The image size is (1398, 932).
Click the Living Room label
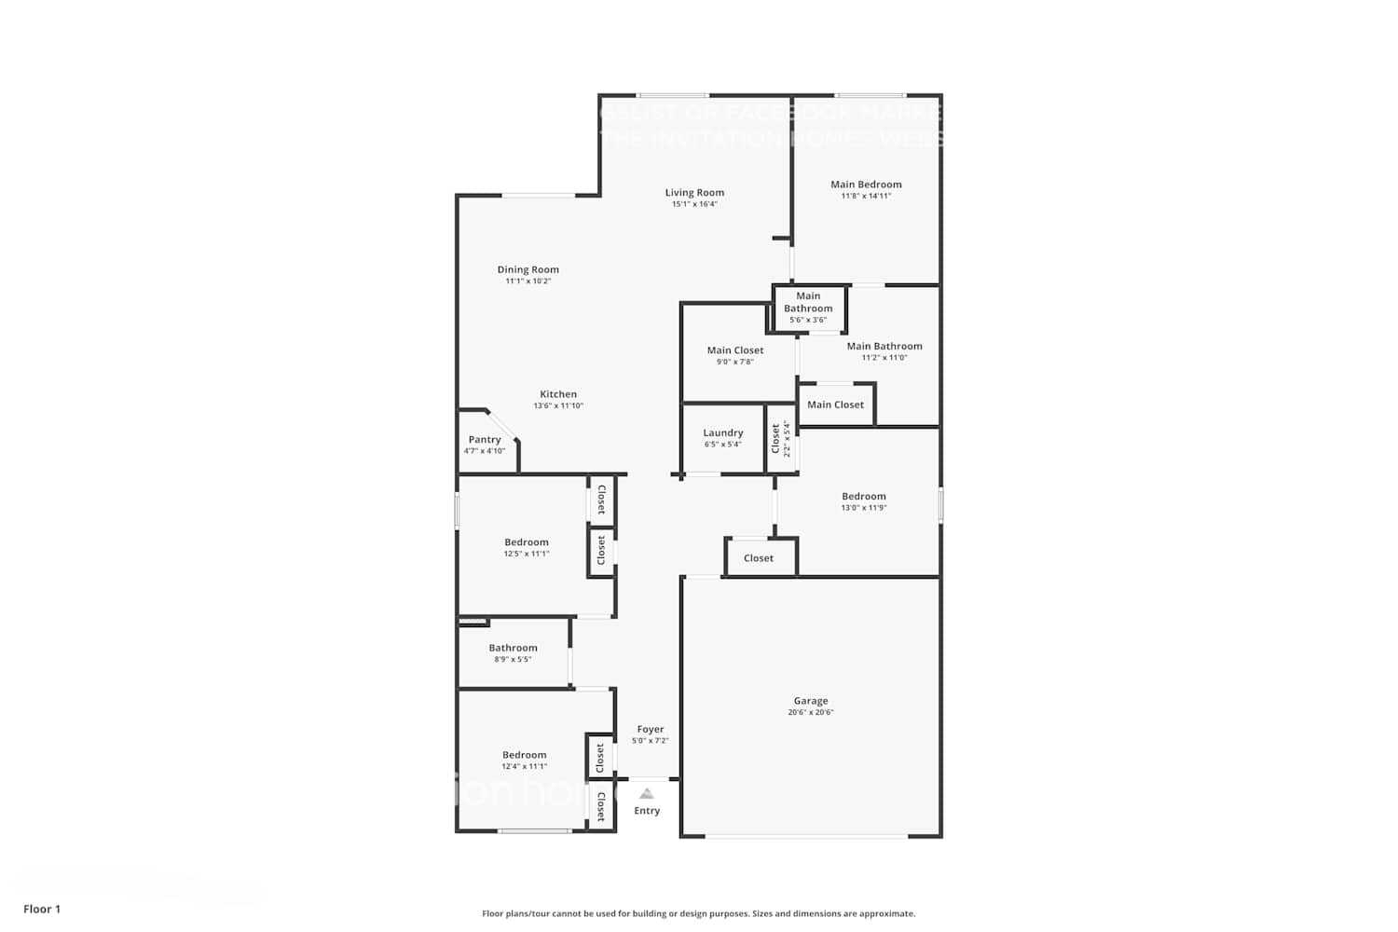(x=694, y=193)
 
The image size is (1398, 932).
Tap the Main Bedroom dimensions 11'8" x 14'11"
(x=866, y=197)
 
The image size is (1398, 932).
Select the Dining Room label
(x=528, y=269)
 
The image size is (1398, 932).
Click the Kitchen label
(x=558, y=394)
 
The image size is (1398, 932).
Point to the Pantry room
(x=485, y=444)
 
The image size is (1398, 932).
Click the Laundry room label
(x=723, y=432)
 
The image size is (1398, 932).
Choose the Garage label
(x=811, y=701)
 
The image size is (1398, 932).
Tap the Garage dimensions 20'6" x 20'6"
(x=811, y=713)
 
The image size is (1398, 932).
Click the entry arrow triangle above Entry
(x=647, y=794)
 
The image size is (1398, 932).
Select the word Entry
(x=647, y=811)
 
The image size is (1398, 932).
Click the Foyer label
(x=651, y=730)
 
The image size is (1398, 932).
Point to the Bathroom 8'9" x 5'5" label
(x=513, y=648)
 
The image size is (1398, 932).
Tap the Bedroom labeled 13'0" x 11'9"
(x=864, y=497)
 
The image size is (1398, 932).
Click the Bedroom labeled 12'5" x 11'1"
(x=527, y=542)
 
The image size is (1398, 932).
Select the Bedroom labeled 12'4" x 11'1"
(x=525, y=755)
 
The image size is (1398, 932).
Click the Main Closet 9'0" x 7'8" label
(x=735, y=350)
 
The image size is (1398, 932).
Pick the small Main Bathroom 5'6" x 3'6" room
(x=808, y=308)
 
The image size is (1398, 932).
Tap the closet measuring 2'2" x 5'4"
(x=781, y=438)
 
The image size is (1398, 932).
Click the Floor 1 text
(x=42, y=909)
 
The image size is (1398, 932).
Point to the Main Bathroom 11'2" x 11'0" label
(x=884, y=347)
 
